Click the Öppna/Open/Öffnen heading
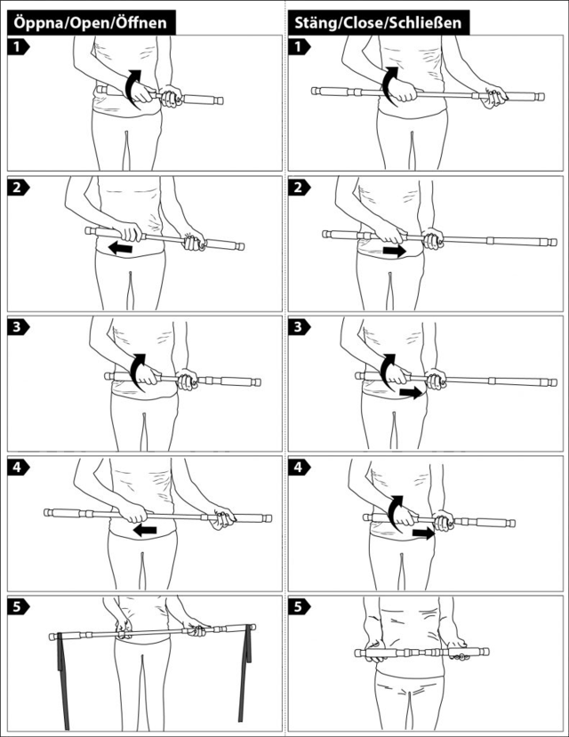click(x=90, y=22)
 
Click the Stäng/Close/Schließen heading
click(x=378, y=22)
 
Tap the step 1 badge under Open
click(x=19, y=47)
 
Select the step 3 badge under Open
click(x=19, y=326)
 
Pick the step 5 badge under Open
click(x=19, y=607)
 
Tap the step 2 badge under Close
click(x=300, y=187)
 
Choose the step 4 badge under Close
click(x=300, y=468)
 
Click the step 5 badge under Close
click(x=300, y=607)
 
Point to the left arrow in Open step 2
click(x=120, y=248)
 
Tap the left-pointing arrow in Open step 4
click(x=145, y=531)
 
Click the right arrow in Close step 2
click(x=394, y=251)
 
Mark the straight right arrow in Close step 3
click(x=411, y=393)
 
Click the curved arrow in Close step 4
click(x=394, y=514)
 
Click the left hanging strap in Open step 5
click(x=63, y=682)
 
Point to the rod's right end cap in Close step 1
click(x=541, y=97)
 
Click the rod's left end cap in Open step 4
click(x=47, y=512)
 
